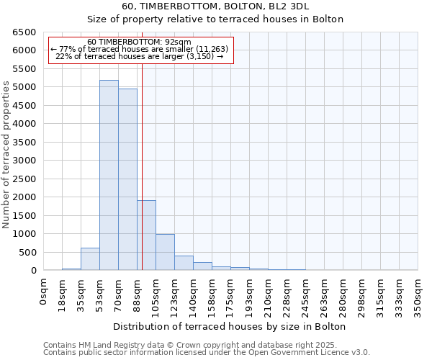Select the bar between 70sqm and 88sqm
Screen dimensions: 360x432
coord(127,179)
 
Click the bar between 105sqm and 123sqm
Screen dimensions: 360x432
coord(165,252)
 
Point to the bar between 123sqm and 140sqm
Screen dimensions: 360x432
coord(184,263)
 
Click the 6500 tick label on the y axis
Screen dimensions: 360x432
coord(24,32)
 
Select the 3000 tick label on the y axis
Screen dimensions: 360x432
coord(24,161)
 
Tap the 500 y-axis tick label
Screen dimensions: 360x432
coord(27,253)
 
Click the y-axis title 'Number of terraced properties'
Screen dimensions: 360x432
coord(6,155)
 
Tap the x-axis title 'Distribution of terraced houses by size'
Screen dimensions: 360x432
coord(230,326)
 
